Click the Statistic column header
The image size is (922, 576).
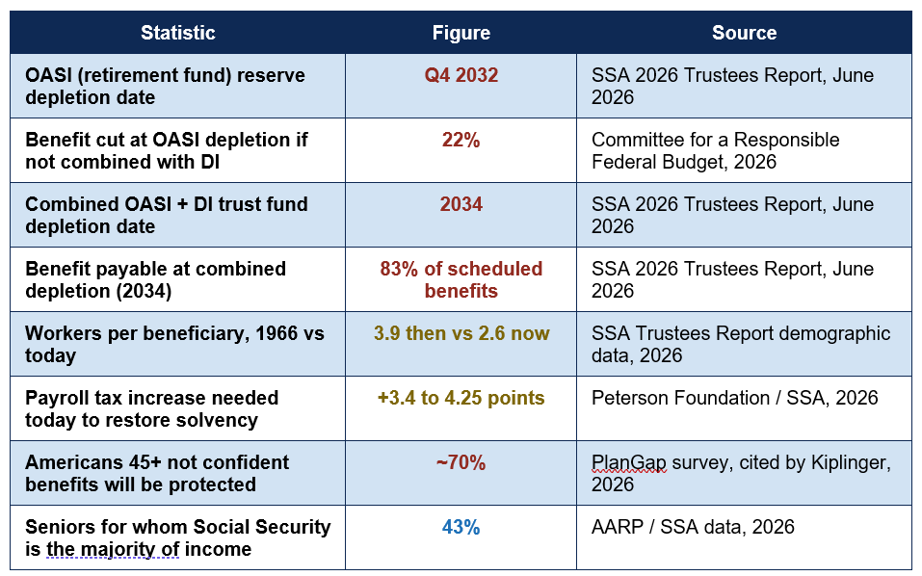[x=177, y=33]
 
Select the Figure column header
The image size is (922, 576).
[x=461, y=33]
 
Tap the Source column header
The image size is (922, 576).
[x=744, y=33]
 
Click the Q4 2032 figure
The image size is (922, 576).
[x=461, y=75]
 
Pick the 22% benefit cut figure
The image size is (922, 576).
[x=461, y=140]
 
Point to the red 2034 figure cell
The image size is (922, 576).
[x=461, y=204]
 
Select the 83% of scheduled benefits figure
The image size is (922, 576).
[x=461, y=279]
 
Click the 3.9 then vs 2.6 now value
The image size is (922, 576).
[x=461, y=333]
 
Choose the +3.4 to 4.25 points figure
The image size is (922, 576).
[x=461, y=398]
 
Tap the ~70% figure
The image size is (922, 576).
[x=461, y=462]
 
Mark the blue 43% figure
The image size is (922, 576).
[x=461, y=527]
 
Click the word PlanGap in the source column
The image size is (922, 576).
[x=628, y=463]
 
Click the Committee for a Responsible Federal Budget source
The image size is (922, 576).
[x=715, y=150]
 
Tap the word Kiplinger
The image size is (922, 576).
[x=851, y=463]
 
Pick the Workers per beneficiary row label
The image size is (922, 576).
[x=174, y=345]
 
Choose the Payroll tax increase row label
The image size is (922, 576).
[x=151, y=409]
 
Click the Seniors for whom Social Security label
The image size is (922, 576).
[x=178, y=537]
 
